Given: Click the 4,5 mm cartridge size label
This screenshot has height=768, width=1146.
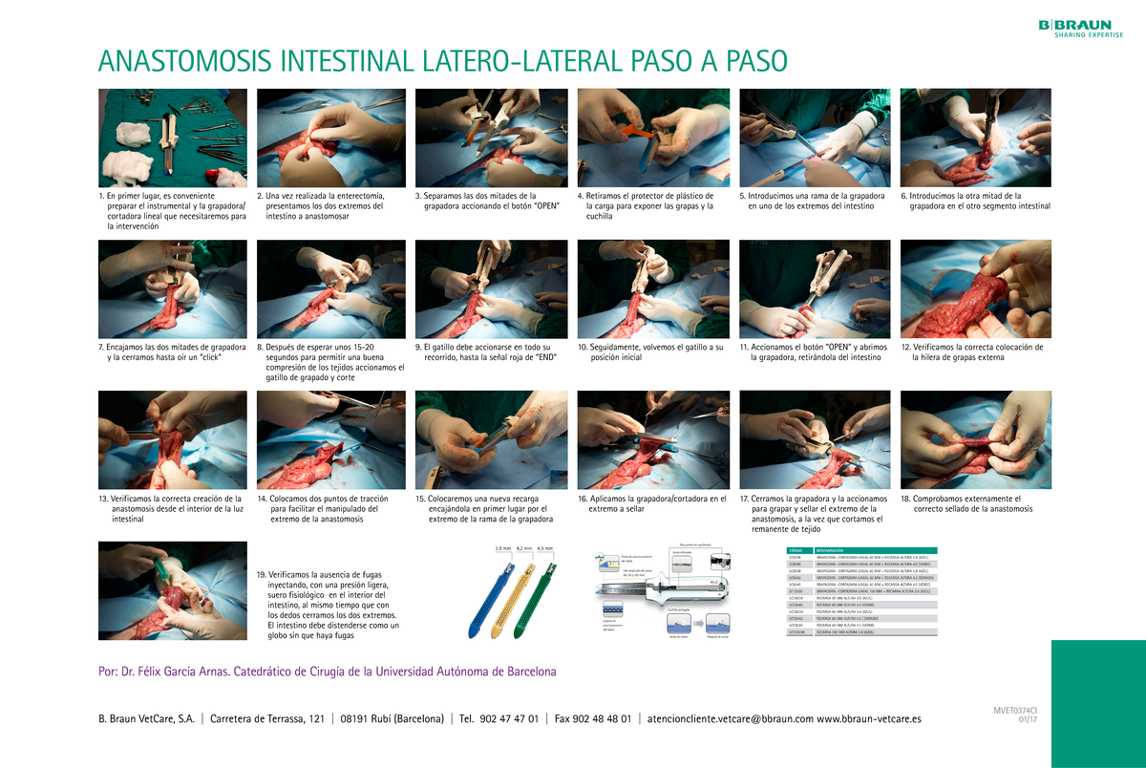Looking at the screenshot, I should point(546,548).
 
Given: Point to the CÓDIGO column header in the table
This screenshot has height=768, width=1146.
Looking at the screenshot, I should point(795,551).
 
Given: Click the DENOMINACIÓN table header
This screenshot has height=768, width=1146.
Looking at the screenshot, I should point(835,551).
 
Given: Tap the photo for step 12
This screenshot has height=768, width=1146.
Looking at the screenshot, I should point(975,288).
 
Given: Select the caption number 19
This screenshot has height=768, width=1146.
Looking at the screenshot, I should point(262,574).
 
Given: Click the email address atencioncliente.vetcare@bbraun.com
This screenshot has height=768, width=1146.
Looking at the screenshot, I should point(731,718).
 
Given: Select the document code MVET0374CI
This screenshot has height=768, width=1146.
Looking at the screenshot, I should point(1015,710).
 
